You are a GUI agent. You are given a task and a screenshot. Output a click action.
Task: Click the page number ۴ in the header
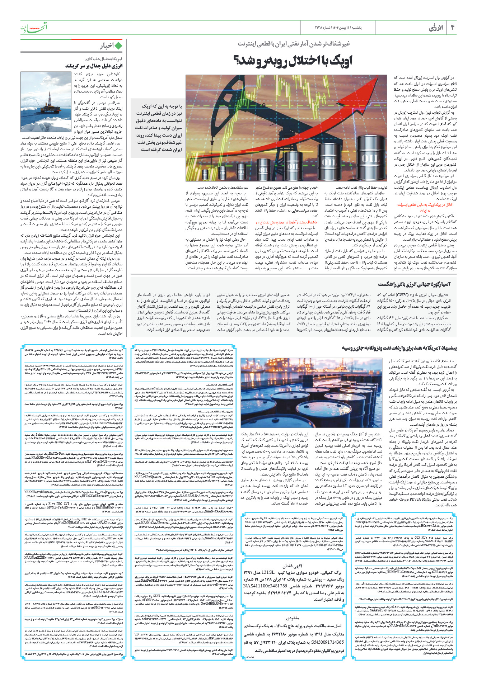pyautogui.click(x=452, y=28)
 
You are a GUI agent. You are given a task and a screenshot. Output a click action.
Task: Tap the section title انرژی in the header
pyautogui.click(x=436, y=28)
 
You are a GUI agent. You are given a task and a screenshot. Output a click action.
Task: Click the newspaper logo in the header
pyautogui.click(x=33, y=28)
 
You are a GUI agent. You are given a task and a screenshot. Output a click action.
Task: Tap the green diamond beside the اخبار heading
pyautogui.click(x=118, y=46)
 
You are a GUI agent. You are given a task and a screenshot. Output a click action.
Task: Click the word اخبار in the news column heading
pyautogui.click(x=107, y=46)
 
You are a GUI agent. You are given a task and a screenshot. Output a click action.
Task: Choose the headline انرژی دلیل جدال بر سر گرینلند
pyautogui.click(x=94, y=66)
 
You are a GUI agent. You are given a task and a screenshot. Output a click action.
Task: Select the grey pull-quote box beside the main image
pyautogui.click(x=157, y=128)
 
